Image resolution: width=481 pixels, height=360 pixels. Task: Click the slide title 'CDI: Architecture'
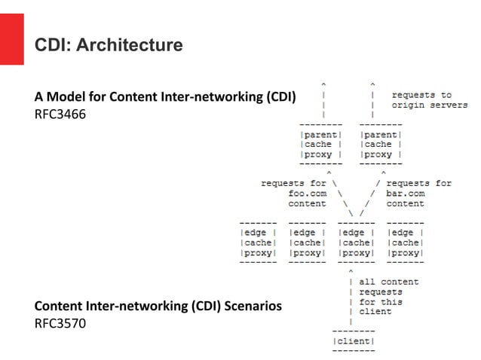[x=109, y=46]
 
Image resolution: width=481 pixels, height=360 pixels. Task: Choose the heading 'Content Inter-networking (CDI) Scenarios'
[x=158, y=307]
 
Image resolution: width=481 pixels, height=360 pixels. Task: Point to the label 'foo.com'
[x=308, y=193]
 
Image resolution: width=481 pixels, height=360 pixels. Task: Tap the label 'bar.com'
[x=406, y=193]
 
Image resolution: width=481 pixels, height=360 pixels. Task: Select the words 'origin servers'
[x=429, y=105]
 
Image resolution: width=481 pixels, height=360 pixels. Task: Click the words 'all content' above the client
[x=388, y=282]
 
